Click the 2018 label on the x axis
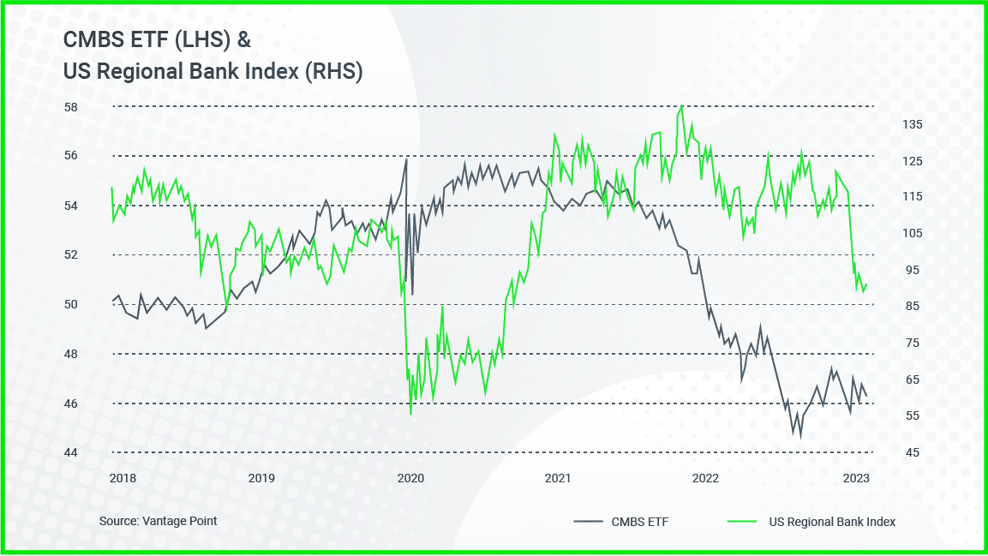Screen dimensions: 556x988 123,478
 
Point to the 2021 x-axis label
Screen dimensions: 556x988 558,478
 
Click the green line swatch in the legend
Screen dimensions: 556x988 743,521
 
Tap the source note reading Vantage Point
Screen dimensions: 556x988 158,521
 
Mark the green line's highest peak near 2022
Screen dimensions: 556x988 682,105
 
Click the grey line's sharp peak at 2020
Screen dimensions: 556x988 406,159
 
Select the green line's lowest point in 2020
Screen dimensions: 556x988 410,414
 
